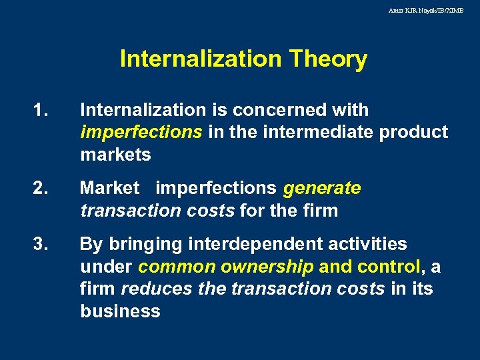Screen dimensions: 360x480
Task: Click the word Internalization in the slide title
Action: point(201,59)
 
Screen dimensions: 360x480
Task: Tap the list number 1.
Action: point(41,110)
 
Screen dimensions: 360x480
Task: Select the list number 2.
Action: point(41,189)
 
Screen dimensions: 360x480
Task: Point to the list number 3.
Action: point(41,245)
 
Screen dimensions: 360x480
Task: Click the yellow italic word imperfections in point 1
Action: point(141,133)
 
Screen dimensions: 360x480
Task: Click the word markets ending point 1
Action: point(115,155)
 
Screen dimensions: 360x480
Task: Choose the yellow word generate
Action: point(322,189)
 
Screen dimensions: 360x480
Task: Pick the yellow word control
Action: point(388,267)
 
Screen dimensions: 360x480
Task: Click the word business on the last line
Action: point(120,311)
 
